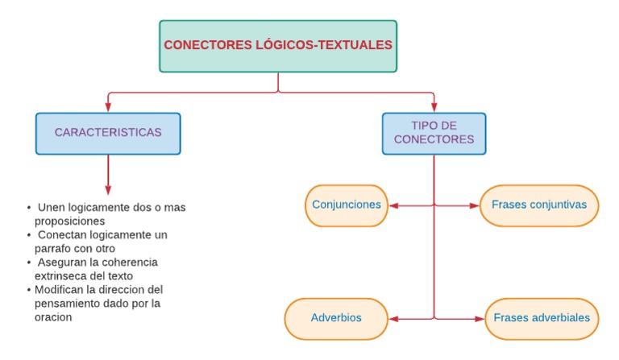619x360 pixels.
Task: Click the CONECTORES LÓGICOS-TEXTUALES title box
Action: pyautogui.click(x=278, y=46)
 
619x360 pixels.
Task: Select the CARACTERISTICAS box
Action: pyautogui.click(x=108, y=133)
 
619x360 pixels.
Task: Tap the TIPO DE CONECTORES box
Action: pyautogui.click(x=434, y=133)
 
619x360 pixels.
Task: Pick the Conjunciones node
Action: pyautogui.click(x=347, y=205)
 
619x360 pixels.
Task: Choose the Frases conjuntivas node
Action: pyautogui.click(x=539, y=205)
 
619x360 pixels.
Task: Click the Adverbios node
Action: pyautogui.click(x=336, y=318)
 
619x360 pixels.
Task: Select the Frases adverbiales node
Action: pyautogui.click(x=542, y=318)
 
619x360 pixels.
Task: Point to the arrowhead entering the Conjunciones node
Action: pyautogui.click(x=393, y=205)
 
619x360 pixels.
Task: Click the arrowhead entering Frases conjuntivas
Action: pyautogui.click(x=475, y=205)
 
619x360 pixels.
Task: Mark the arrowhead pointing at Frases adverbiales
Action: pyautogui.click(x=481, y=319)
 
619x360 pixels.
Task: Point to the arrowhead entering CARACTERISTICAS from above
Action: pyautogui.click(x=108, y=108)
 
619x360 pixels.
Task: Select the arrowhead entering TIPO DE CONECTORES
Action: pyautogui.click(x=434, y=108)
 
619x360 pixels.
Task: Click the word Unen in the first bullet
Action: pyautogui.click(x=52, y=208)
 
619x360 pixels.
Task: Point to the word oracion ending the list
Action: pyautogui.click(x=53, y=317)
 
